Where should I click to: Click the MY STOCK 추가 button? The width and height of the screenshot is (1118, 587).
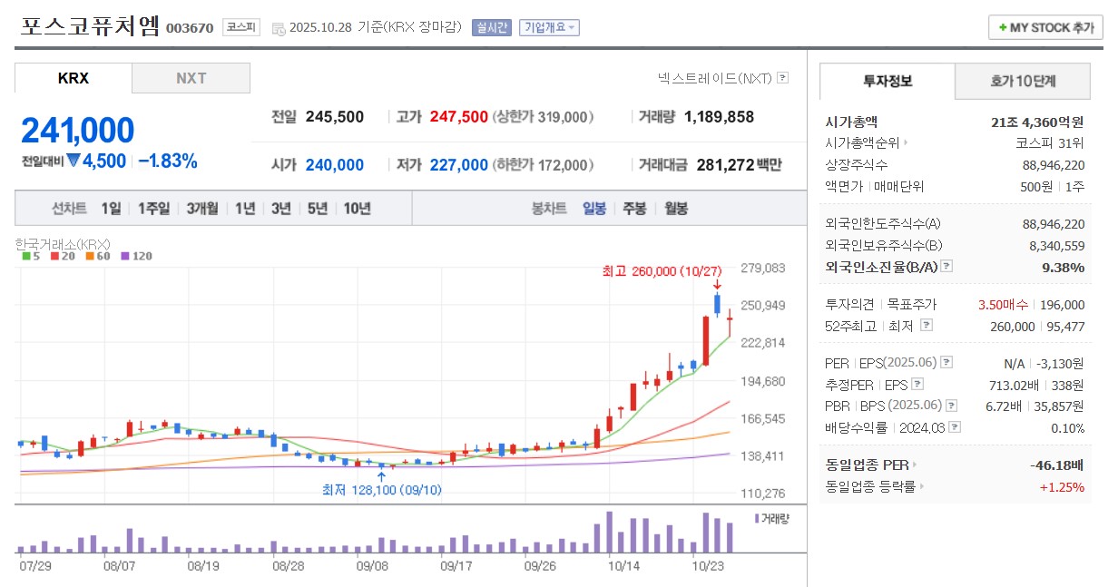1045,27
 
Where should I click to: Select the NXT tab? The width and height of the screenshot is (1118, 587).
191,78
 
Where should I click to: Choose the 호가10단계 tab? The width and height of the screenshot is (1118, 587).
1023,82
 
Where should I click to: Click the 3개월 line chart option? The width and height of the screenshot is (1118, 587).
202,209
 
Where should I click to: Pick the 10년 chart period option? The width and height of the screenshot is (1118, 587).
357,209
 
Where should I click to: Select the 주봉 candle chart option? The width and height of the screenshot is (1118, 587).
634,209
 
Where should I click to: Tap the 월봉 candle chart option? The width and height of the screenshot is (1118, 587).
676,209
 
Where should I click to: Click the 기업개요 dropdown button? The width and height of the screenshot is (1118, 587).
550,27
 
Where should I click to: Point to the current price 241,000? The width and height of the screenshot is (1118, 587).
78,131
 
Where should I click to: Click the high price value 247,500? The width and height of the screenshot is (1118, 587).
458,117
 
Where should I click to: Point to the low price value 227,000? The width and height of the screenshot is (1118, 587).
458,165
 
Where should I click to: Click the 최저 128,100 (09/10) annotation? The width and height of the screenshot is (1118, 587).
382,490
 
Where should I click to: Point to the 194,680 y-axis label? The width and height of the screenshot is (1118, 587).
763,381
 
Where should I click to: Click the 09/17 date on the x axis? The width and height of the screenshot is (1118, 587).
457,564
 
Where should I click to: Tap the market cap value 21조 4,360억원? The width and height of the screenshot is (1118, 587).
1038,122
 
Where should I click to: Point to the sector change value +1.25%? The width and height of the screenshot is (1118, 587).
1062,487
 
